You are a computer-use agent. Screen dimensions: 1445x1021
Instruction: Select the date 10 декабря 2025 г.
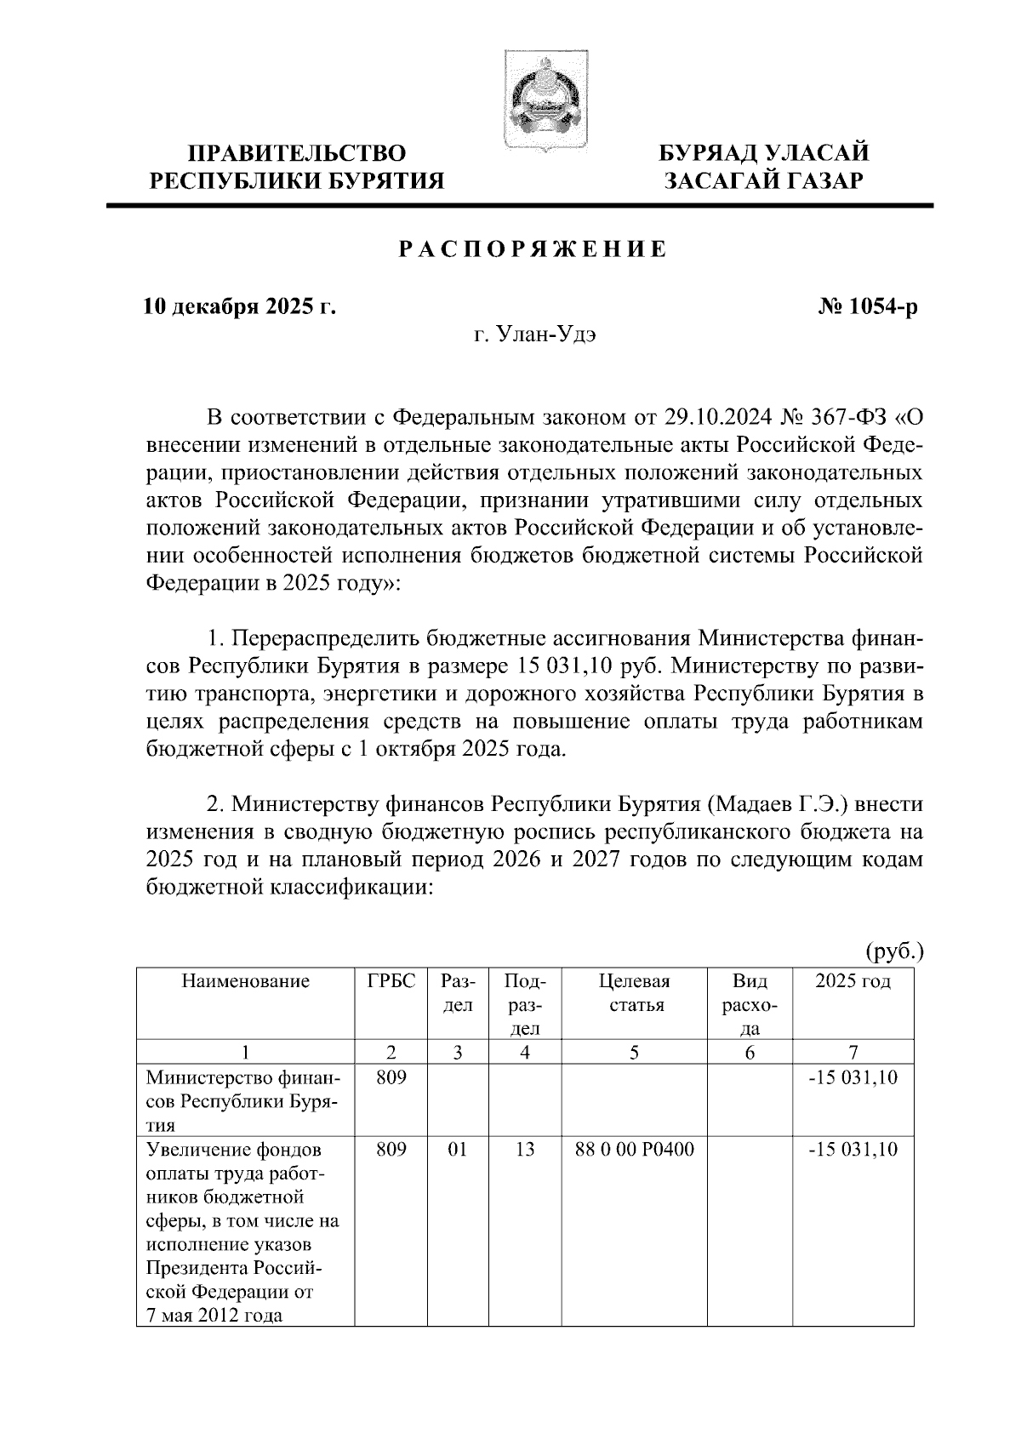[239, 306]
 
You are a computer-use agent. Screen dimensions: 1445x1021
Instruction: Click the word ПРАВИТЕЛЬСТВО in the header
[297, 154]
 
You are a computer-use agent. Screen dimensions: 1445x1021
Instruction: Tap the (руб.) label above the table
[894, 951]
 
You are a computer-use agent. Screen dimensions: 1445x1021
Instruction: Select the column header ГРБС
[391, 981]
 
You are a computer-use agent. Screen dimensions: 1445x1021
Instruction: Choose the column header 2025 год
[853, 981]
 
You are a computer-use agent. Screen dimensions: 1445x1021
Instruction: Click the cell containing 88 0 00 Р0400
[634, 1150]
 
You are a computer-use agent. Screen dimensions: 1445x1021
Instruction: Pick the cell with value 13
[525, 1150]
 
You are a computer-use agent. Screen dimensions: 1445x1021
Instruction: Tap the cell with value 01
[458, 1150]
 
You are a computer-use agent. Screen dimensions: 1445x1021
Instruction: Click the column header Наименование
[245, 981]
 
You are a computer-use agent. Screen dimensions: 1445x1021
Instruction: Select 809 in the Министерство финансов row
[391, 1077]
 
